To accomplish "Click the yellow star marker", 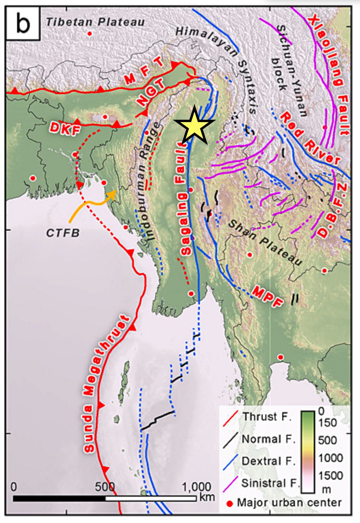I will click(194, 124).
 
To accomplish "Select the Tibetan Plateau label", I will click(95, 22).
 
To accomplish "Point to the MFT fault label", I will click(144, 72).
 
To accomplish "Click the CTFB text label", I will click(63, 233).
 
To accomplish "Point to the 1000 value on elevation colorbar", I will click(331, 458).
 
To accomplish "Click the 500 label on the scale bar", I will click(105, 487).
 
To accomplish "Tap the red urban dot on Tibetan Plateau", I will click(89, 33).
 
